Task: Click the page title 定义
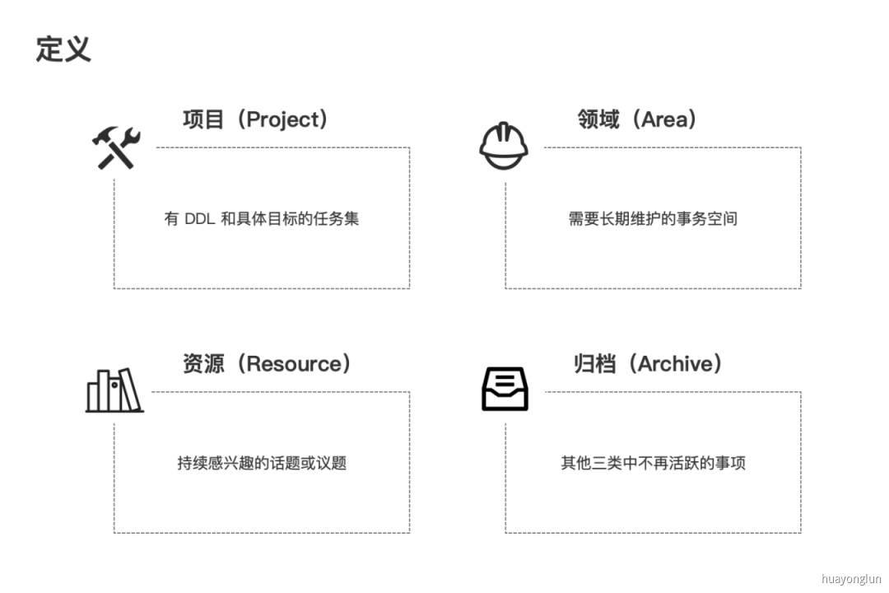point(63,49)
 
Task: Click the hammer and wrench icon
point(116,148)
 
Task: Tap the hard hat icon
point(504,146)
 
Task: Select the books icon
point(114,390)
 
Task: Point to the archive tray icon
point(505,389)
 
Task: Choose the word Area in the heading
point(663,119)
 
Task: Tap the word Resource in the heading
point(293,363)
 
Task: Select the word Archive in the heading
point(676,363)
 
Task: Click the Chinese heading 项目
point(203,119)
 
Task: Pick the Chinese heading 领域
point(598,119)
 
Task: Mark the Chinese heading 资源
point(203,363)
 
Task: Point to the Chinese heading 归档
point(594,363)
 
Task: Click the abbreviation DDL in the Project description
point(198,219)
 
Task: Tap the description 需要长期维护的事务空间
point(653,219)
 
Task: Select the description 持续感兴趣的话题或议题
point(262,463)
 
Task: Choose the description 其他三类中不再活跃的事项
point(653,463)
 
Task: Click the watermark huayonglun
point(851,579)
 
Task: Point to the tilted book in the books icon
point(132,391)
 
